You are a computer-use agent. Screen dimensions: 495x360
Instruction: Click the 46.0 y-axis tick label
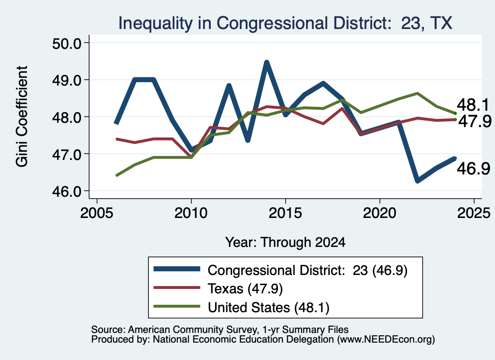point(66,191)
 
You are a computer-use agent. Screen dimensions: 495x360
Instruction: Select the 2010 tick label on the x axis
point(190,213)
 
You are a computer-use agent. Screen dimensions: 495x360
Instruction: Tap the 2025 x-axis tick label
point(474,213)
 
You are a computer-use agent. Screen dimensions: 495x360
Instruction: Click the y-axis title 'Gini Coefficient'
point(22,116)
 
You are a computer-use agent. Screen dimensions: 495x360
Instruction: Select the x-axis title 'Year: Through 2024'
point(285,242)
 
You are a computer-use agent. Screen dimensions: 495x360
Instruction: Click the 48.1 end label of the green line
point(473,105)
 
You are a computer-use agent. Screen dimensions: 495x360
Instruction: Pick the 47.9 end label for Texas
point(475,121)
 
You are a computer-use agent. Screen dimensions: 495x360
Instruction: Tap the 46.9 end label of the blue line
point(473,169)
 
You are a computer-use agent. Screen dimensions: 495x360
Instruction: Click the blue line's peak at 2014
point(267,62)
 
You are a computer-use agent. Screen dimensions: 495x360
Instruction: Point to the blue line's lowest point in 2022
point(418,181)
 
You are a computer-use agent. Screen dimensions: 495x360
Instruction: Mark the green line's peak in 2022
point(418,93)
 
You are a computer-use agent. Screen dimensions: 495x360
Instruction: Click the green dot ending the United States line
point(455,113)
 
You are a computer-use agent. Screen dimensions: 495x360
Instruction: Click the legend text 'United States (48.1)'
point(268,307)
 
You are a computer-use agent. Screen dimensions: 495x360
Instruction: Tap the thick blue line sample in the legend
point(177,269)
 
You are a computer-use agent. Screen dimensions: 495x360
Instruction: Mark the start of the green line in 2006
point(116,175)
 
